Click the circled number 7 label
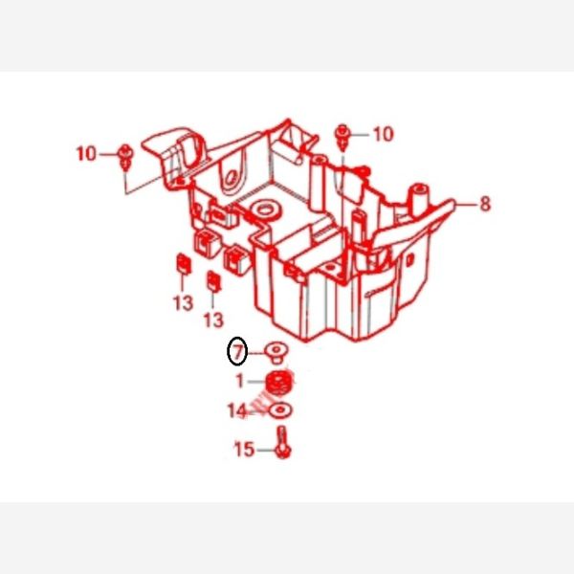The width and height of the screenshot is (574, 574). coord(237,351)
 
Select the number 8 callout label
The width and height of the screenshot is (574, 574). coord(485,204)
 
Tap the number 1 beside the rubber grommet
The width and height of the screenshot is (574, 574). coord(240,381)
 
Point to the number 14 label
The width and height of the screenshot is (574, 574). coord(237,410)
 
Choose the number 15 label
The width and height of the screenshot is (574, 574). coord(244,450)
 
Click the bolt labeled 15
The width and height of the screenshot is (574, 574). coord(283,442)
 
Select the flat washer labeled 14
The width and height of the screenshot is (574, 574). coord(280,410)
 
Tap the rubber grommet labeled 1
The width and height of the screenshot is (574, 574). coord(279,384)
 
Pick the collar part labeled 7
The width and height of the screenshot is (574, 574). coord(276,352)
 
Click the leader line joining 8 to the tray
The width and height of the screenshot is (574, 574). coord(467,204)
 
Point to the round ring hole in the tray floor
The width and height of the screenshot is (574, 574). coord(265,210)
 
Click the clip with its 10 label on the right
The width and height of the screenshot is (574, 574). coord(342,137)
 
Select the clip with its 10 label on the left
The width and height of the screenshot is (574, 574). coord(125,157)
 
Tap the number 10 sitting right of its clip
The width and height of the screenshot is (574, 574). coord(384,134)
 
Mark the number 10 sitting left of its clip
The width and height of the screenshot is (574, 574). coord(86,153)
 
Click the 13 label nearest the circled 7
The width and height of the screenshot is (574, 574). coord(213,320)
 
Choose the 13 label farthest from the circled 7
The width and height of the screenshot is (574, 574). coord(183,303)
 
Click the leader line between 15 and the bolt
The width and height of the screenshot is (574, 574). coord(266,450)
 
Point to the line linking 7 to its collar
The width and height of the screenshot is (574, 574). coord(256,353)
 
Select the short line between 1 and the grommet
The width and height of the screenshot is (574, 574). coord(256,382)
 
